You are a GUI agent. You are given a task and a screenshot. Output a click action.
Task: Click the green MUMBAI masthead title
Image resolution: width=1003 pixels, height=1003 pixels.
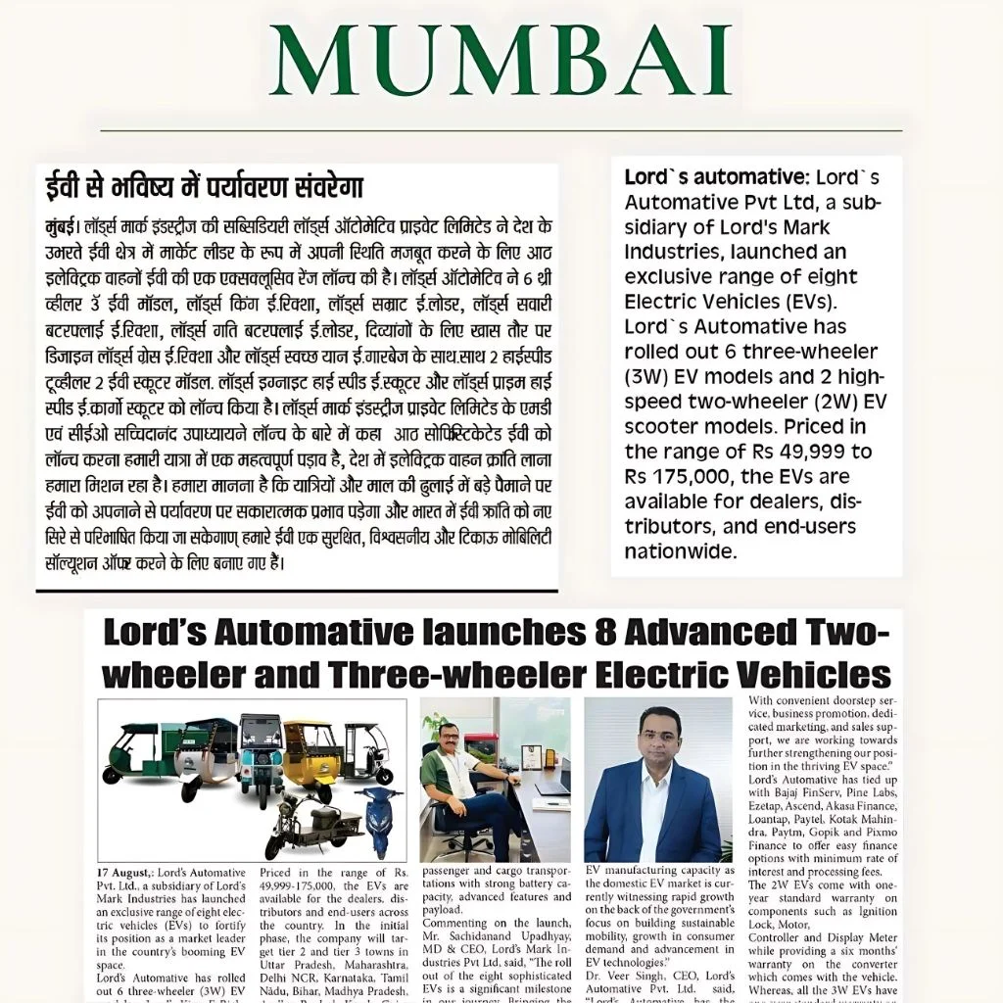coord(501,61)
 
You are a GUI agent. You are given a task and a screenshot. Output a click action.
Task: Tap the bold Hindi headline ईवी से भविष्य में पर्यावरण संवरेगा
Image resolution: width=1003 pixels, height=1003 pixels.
coord(205,186)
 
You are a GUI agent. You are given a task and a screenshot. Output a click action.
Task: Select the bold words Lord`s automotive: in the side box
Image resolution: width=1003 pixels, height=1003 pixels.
coord(713,177)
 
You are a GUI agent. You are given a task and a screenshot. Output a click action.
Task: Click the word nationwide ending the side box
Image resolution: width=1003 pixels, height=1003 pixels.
coord(679,551)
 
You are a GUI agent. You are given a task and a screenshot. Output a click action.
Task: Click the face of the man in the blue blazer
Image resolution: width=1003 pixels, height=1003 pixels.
coord(657,739)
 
